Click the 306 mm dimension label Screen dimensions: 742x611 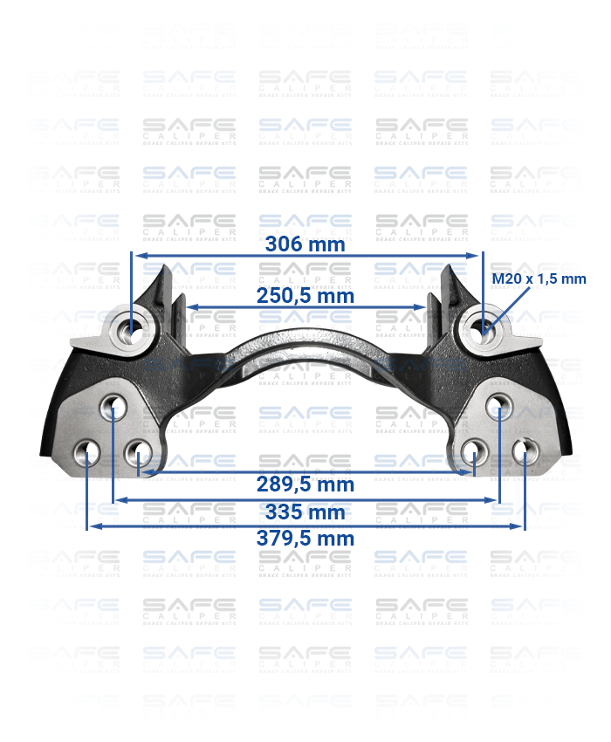[x=305, y=244]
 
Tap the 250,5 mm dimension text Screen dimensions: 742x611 [x=305, y=296]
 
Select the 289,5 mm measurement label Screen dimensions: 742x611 [x=305, y=484]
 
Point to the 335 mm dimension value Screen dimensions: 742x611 [x=305, y=512]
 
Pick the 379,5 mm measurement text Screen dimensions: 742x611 [x=305, y=539]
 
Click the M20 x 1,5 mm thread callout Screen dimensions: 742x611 [x=539, y=279]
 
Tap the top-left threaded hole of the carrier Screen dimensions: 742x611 [x=133, y=329]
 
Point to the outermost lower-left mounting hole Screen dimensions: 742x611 [x=87, y=452]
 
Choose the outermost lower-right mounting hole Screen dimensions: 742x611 [x=524, y=452]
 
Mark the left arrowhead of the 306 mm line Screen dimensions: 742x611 [x=137, y=256]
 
